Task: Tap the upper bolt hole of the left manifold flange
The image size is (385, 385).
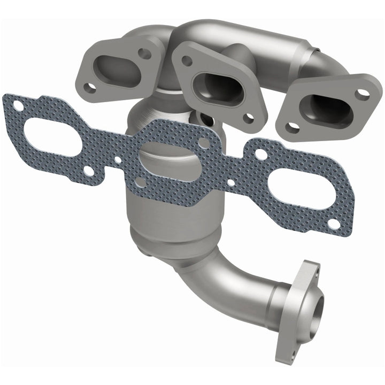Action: click(144, 53)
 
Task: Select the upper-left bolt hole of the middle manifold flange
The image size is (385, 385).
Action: click(187, 61)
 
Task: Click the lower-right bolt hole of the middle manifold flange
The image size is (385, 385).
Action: click(249, 117)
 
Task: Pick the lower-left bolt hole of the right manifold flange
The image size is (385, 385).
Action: click(292, 128)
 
